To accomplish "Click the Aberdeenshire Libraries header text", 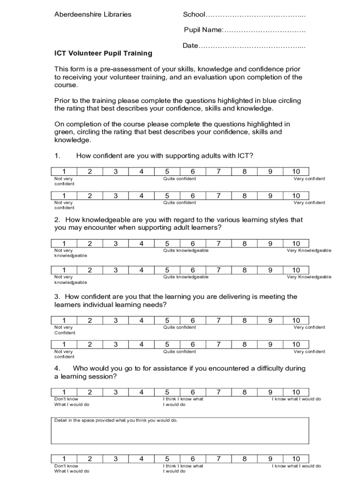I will [x=93, y=15].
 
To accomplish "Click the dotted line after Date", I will [x=252, y=46].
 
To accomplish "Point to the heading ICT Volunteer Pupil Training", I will [x=103, y=53].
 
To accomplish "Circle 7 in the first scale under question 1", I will [x=218, y=172].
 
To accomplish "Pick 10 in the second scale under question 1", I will [x=296, y=196].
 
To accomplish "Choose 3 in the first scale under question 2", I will [x=115, y=243].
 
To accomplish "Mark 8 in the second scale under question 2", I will [x=244, y=270].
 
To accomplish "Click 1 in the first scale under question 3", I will [x=64, y=320].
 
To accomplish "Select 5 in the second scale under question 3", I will [x=167, y=344].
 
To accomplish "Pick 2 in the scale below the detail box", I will [x=90, y=459].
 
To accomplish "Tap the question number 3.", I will [x=57, y=297].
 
